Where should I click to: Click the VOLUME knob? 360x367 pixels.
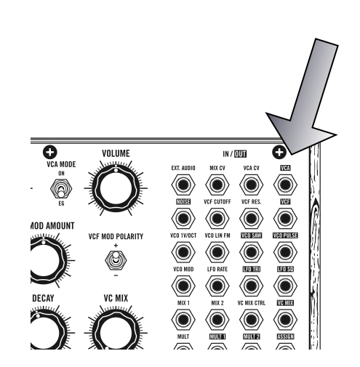pyautogui.click(x=116, y=188)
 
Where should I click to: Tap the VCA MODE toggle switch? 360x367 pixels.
pyautogui.click(x=61, y=188)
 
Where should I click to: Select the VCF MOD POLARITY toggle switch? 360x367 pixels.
pyautogui.click(x=116, y=260)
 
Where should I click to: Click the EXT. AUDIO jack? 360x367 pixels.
pyautogui.click(x=183, y=185)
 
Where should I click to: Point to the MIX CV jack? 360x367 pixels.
pyautogui.click(x=217, y=185)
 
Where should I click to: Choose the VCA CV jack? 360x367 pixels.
pyautogui.click(x=251, y=185)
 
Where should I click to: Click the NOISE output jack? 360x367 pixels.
pyautogui.click(x=183, y=218)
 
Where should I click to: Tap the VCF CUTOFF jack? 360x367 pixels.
pyautogui.click(x=217, y=218)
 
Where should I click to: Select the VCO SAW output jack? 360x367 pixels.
pyautogui.click(x=251, y=252)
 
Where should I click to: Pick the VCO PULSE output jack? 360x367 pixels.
pyautogui.click(x=285, y=252)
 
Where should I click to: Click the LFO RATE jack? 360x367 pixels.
pyautogui.click(x=217, y=286)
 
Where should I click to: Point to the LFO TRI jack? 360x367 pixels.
pyautogui.click(x=251, y=286)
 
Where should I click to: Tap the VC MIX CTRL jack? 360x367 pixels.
pyautogui.click(x=251, y=320)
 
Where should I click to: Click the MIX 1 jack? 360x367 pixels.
pyautogui.click(x=183, y=320)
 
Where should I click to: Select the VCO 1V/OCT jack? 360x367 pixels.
pyautogui.click(x=183, y=252)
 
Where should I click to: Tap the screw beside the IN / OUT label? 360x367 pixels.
pyautogui.click(x=279, y=152)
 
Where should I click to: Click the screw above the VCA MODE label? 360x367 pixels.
pyautogui.click(x=50, y=152)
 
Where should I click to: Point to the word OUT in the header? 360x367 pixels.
pyautogui.click(x=240, y=154)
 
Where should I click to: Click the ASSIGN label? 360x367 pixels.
pyautogui.click(x=285, y=336)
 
